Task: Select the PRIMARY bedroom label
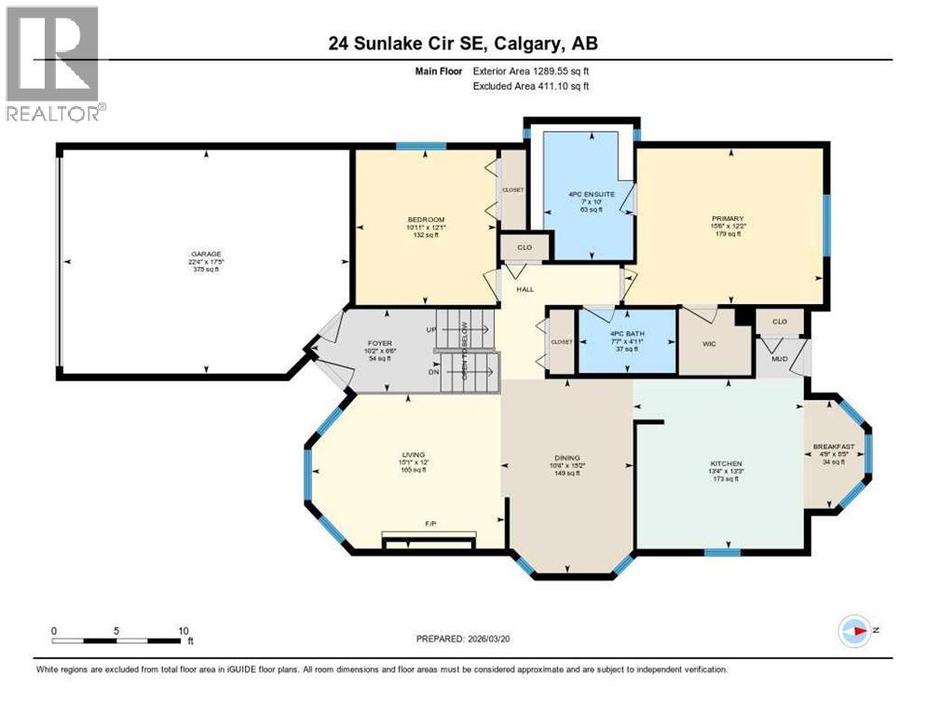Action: tap(729, 218)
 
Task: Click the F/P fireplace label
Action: tap(431, 525)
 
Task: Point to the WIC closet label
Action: tap(713, 342)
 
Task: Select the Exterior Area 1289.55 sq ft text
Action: tap(531, 71)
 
